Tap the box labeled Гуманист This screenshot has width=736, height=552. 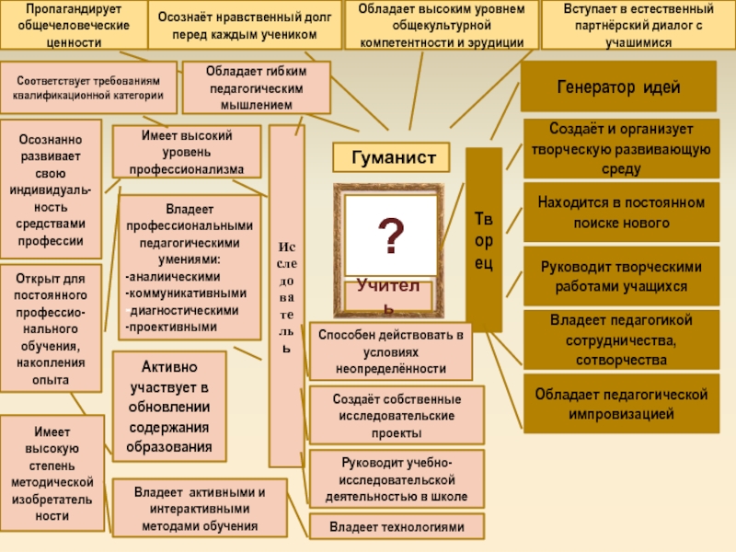pyautogui.click(x=391, y=158)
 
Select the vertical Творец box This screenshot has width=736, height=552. pyautogui.click(x=484, y=240)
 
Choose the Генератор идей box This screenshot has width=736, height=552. pyautogui.click(x=618, y=87)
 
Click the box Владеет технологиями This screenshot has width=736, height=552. pyautogui.click(x=396, y=527)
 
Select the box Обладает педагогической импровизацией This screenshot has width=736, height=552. pyautogui.click(x=621, y=404)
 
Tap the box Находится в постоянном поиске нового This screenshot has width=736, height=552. pyautogui.click(x=620, y=213)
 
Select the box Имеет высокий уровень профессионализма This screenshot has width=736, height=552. pyautogui.click(x=192, y=152)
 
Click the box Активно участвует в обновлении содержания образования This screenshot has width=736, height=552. pyautogui.click(x=170, y=406)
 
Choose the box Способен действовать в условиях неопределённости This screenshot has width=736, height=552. pyautogui.click(x=390, y=351)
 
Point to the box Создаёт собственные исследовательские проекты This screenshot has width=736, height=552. pyautogui.click(x=397, y=415)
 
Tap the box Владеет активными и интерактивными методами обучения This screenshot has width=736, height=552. pyautogui.click(x=198, y=508)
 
